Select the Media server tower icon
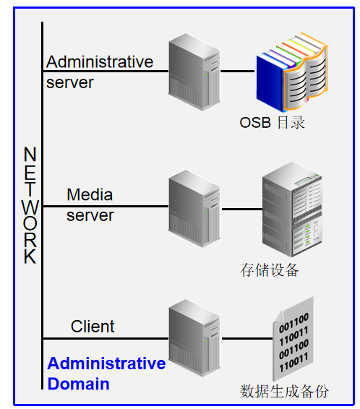pos(194,206)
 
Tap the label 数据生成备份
pos(284,391)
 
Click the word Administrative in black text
pos(100,62)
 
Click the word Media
pos(90,194)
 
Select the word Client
pos(93,327)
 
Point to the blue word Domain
pos(78,384)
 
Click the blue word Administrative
pos(106,363)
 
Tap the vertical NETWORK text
pos(30,206)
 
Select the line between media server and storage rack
pos(241,209)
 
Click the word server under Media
pos(90,215)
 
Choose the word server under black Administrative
pos(70,82)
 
